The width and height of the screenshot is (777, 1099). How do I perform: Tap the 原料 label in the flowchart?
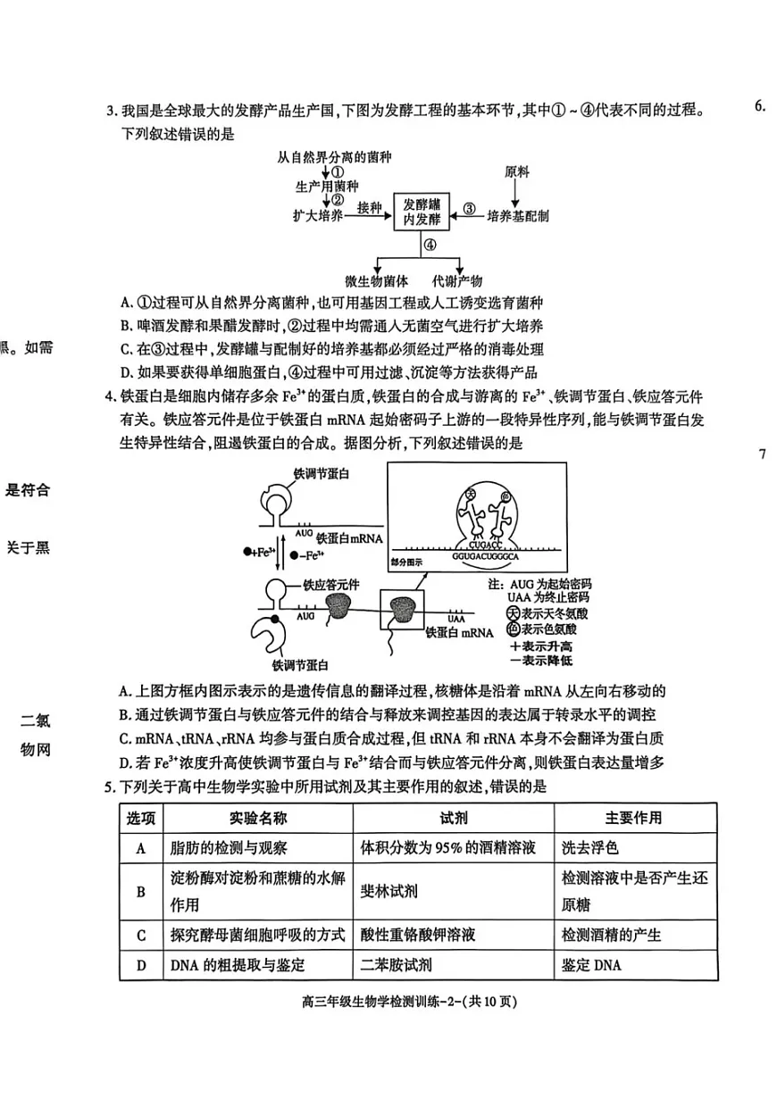point(516,170)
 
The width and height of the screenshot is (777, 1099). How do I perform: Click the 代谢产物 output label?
point(457,279)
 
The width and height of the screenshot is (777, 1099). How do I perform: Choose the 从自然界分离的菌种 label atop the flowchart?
point(335,157)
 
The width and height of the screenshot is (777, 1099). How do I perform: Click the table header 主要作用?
point(632,818)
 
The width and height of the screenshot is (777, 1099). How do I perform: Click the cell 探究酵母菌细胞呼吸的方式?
point(256,935)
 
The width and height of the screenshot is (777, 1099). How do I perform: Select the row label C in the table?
point(141,935)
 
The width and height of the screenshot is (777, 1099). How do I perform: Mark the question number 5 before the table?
point(110,787)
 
